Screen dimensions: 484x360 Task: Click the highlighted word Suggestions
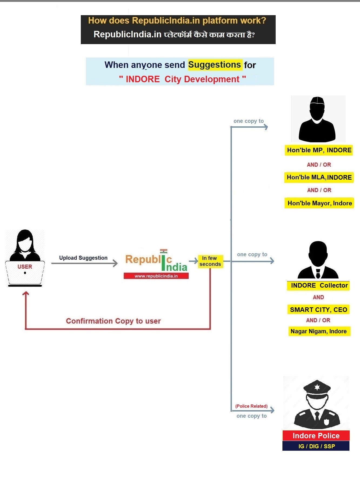click(x=215, y=65)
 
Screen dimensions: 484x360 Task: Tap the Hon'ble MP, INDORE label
click(x=319, y=150)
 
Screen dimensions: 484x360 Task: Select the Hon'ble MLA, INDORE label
click(x=319, y=177)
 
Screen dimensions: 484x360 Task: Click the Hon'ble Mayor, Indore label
click(x=319, y=203)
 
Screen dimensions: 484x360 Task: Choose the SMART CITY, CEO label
click(x=318, y=310)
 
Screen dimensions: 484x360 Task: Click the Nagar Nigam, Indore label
click(x=319, y=331)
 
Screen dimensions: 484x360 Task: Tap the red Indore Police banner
click(x=316, y=436)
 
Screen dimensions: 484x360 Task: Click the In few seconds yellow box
click(x=210, y=261)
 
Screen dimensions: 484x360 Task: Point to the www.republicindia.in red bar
click(x=156, y=276)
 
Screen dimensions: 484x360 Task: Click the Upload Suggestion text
click(x=83, y=258)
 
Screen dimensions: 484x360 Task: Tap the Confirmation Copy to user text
click(x=113, y=321)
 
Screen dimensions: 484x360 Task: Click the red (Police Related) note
click(x=251, y=406)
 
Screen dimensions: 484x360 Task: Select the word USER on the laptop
click(x=25, y=267)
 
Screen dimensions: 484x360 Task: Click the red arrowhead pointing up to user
click(x=26, y=294)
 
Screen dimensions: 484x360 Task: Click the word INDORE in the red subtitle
click(x=143, y=79)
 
